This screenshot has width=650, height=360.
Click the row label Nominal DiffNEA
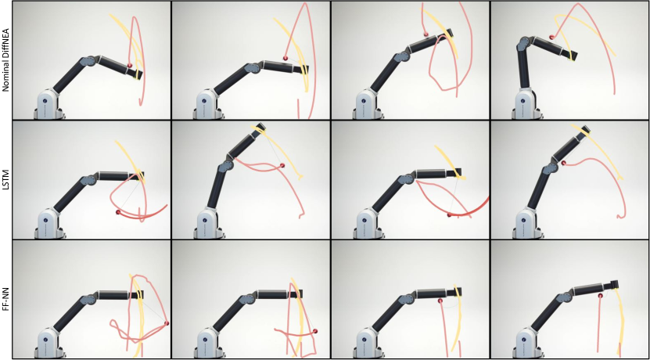(x=5, y=60)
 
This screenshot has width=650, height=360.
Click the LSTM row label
(x=5, y=179)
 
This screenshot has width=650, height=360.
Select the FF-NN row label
(x=5, y=299)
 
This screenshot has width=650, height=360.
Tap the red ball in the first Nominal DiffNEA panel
(x=130, y=66)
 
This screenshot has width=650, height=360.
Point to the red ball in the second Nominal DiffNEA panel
(x=285, y=59)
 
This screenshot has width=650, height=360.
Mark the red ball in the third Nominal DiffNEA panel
(x=426, y=34)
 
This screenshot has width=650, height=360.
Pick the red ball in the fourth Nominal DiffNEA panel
(x=551, y=38)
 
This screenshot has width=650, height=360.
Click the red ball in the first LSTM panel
(x=118, y=212)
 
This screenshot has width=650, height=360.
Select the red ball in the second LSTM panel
(x=282, y=166)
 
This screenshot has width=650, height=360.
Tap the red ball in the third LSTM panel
(x=449, y=215)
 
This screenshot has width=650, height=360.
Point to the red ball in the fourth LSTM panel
(x=564, y=163)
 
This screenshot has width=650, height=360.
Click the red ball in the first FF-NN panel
(x=167, y=323)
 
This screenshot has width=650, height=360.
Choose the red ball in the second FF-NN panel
(x=315, y=331)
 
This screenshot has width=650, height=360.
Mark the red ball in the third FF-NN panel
(x=440, y=300)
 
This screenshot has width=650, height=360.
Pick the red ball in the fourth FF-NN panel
(x=600, y=296)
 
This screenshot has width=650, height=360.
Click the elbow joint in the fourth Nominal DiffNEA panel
(x=523, y=42)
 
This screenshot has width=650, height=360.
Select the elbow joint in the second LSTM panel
(x=225, y=167)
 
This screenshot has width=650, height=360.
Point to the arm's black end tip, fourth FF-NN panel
(x=613, y=285)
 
